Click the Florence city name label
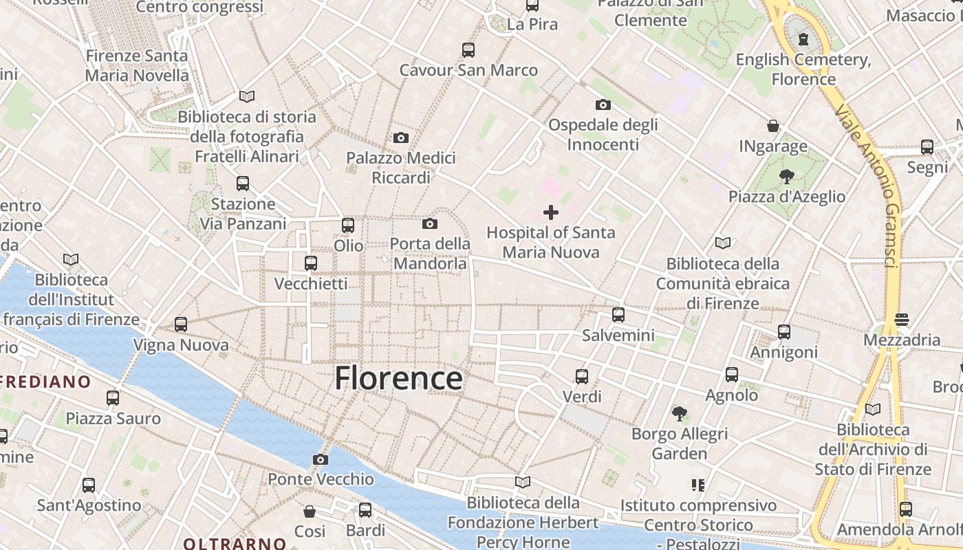(x=398, y=378)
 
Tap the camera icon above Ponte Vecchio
(x=320, y=459)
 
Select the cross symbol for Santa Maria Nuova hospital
(x=551, y=212)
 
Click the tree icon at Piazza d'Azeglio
(x=786, y=177)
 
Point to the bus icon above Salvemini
(x=618, y=315)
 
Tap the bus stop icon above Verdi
(x=582, y=376)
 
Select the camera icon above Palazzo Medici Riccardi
(x=401, y=137)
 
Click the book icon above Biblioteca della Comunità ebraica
(x=723, y=243)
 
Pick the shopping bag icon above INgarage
(x=773, y=126)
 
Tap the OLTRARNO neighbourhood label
(x=235, y=543)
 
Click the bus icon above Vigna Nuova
(x=181, y=324)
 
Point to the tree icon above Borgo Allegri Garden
(x=680, y=413)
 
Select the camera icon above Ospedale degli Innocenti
(x=603, y=104)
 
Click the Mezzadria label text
(x=902, y=340)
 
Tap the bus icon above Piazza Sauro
(x=113, y=397)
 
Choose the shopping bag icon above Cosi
(x=310, y=511)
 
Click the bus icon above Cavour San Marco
(x=468, y=49)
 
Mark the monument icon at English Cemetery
(x=803, y=39)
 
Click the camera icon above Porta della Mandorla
(x=430, y=223)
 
